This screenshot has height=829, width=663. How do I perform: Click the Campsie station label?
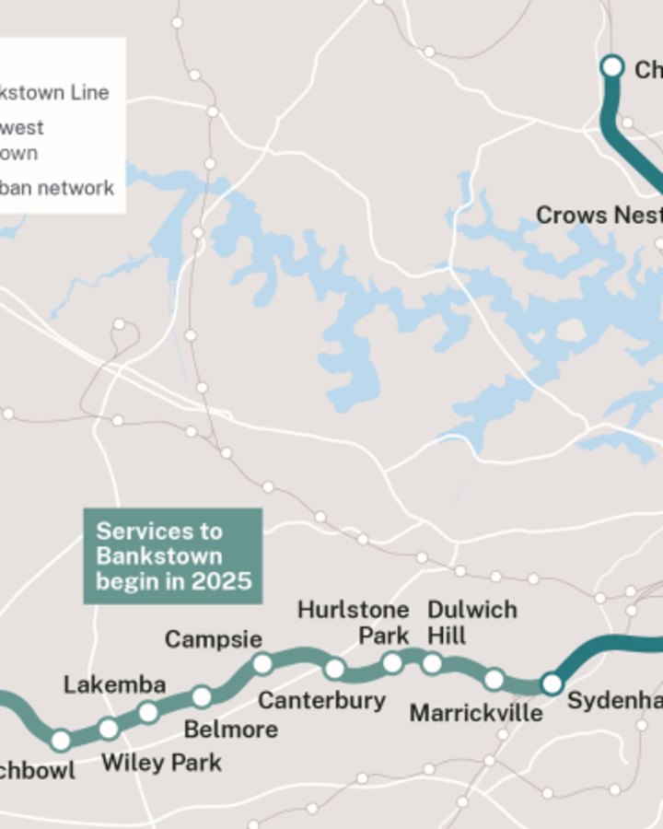(214, 639)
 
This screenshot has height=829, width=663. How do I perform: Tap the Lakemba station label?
(115, 684)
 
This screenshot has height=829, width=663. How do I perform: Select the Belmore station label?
(230, 730)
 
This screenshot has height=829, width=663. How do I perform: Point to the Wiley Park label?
(161, 763)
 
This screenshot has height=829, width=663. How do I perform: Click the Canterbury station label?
(321, 700)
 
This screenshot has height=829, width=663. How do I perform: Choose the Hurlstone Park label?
(353, 623)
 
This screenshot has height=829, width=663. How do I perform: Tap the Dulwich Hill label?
(472, 623)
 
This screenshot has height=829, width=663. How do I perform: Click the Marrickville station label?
(476, 713)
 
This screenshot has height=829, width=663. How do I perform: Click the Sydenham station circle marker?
(552, 683)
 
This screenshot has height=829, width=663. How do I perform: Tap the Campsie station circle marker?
(262, 663)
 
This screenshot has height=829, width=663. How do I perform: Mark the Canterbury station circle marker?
(335, 669)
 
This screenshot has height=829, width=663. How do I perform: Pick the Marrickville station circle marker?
(494, 680)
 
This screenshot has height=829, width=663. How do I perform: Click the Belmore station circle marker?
(202, 696)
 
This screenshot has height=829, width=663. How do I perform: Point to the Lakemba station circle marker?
(148, 712)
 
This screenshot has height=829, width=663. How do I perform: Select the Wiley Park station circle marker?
(109, 729)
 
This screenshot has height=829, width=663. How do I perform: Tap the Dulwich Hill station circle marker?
(432, 664)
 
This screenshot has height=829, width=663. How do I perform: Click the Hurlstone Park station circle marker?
(392, 663)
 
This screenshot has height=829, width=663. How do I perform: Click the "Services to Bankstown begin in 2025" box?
(173, 556)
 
